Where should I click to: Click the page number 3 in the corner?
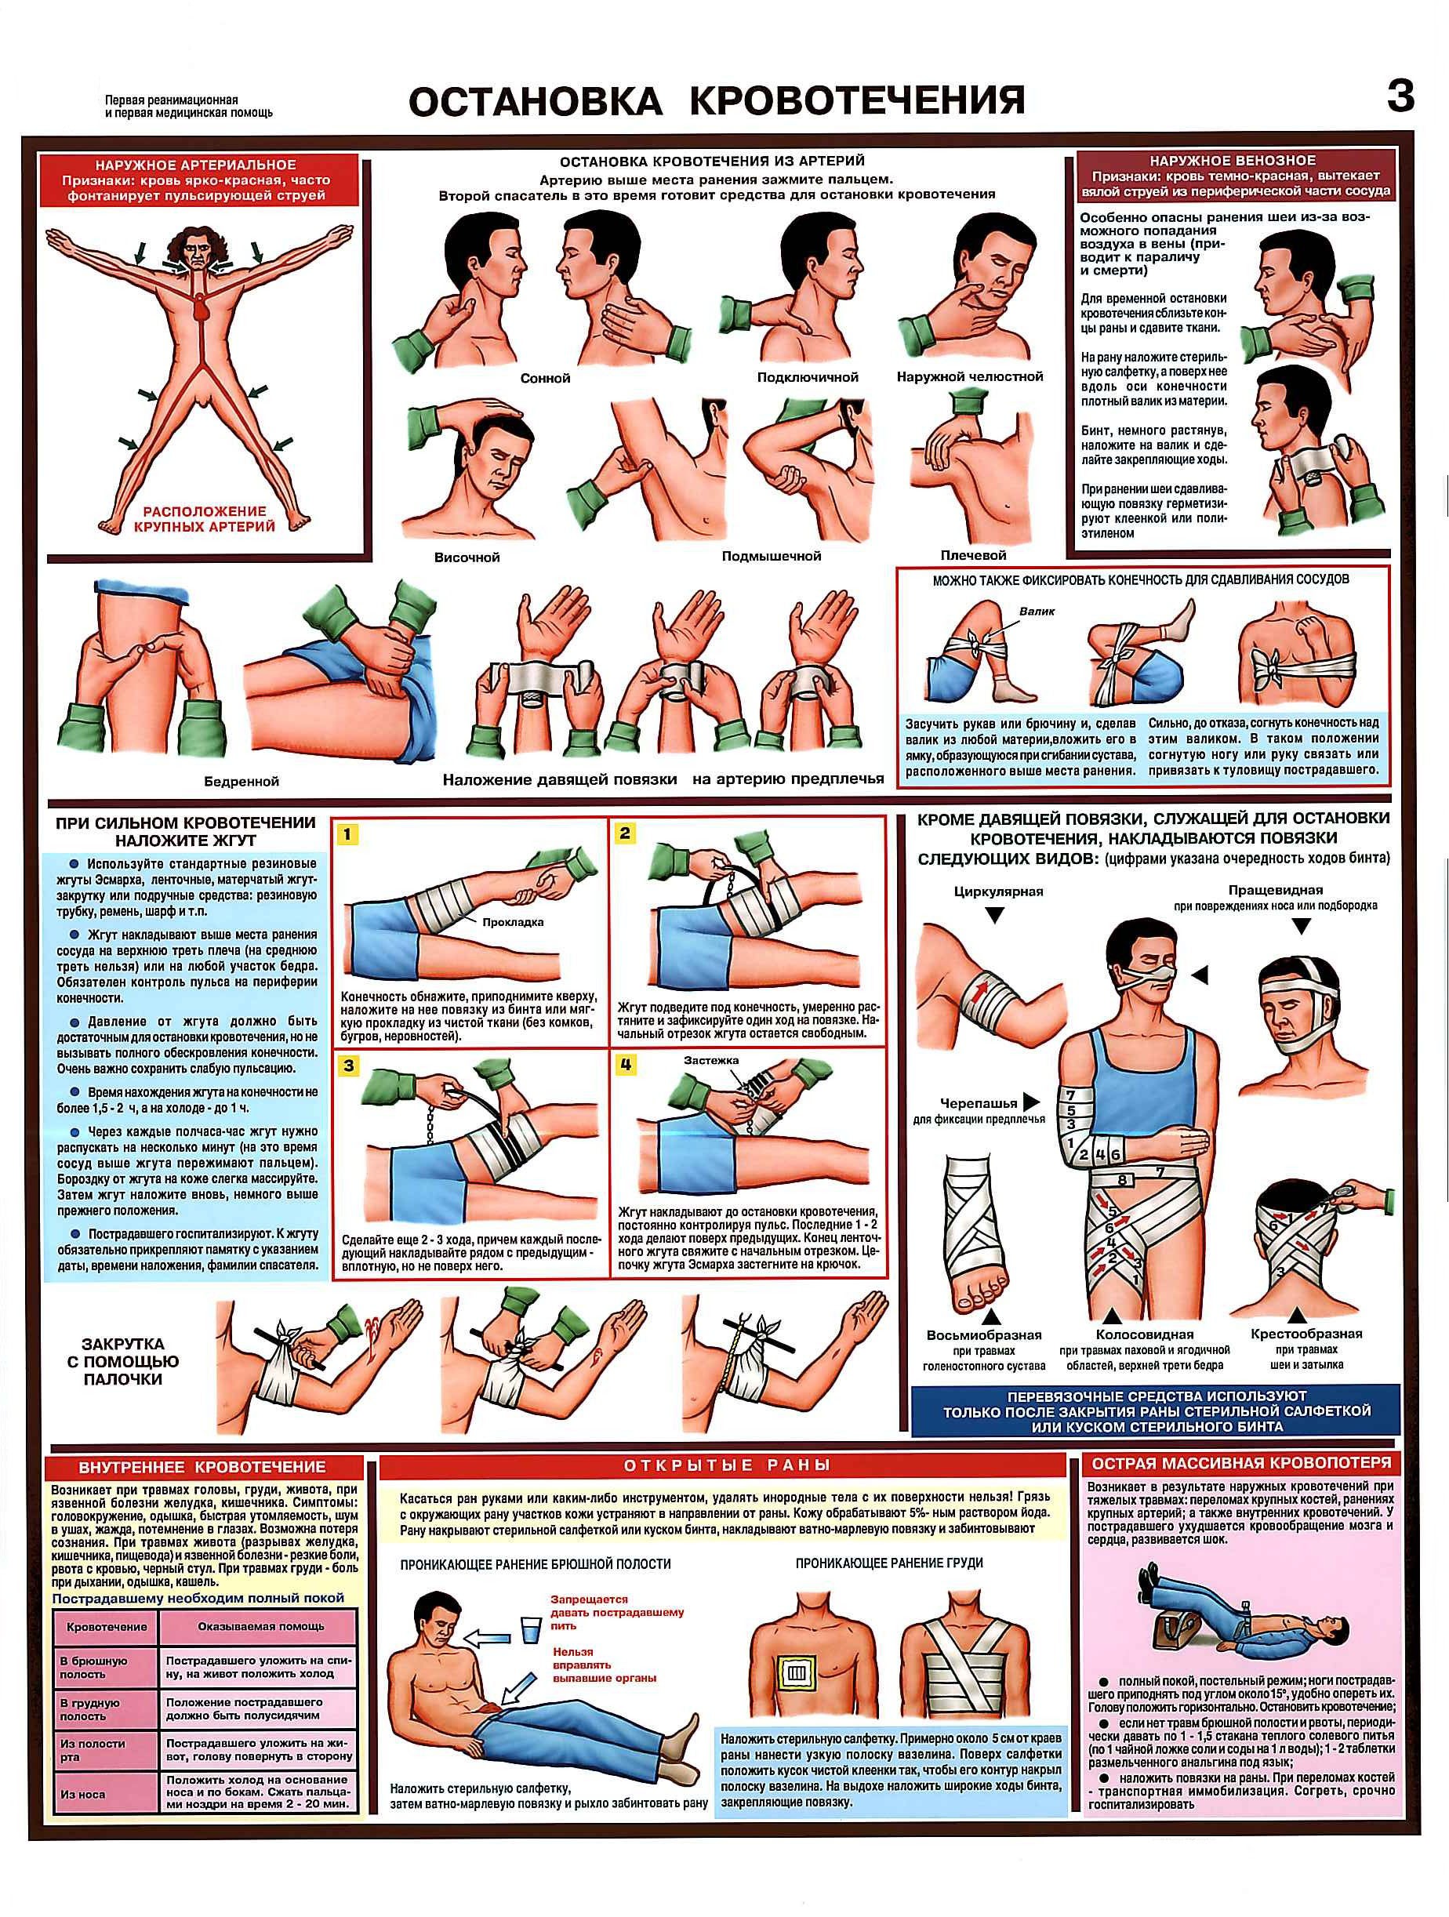point(1400,97)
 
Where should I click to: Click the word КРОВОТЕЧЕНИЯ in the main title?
point(857,100)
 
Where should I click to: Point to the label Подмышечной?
point(772,556)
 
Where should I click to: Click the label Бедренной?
point(241,781)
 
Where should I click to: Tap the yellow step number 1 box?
point(347,834)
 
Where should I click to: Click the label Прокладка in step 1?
point(513,921)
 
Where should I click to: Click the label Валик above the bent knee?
point(1037,611)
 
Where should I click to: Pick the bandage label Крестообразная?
point(1306,1334)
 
